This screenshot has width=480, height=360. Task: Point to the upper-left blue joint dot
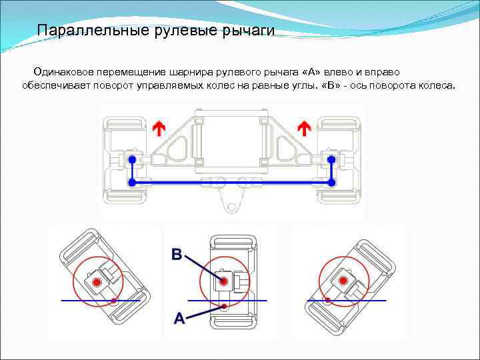coord(132,160)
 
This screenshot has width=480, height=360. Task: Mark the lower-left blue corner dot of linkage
coord(132,181)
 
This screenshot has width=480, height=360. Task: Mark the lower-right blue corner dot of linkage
coord(331,181)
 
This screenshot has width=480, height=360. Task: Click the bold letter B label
coord(177,254)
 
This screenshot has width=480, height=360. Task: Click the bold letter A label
coord(179,319)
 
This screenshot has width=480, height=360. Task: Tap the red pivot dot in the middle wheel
coord(226,282)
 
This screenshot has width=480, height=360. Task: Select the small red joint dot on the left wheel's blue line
coord(114,301)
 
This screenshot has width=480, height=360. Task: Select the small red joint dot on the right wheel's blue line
coord(327,301)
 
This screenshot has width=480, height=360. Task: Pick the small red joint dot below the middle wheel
coord(225,306)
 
